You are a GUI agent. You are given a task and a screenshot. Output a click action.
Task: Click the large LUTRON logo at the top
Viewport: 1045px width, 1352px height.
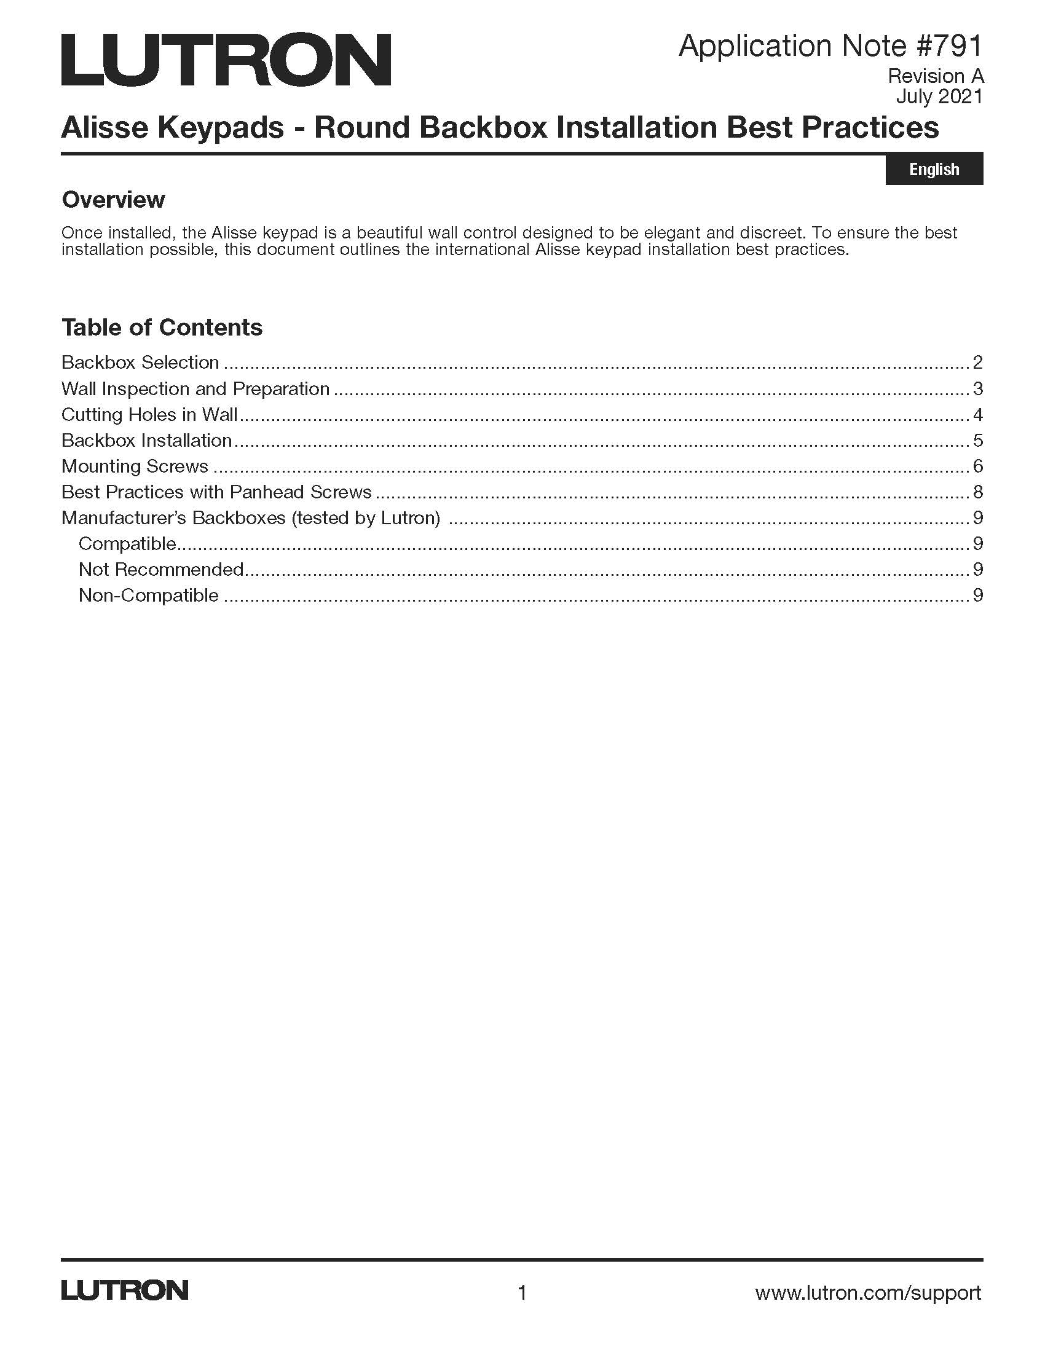(226, 60)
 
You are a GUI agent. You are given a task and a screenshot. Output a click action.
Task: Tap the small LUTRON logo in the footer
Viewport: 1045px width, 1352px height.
(124, 1291)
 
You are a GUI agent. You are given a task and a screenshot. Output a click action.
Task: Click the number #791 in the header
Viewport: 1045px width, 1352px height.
(945, 47)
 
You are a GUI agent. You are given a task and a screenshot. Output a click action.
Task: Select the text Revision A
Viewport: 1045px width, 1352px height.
(935, 76)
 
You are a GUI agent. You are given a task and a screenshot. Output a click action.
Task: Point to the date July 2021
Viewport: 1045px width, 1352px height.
(939, 96)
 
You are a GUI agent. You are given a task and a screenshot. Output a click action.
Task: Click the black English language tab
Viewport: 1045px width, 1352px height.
(934, 169)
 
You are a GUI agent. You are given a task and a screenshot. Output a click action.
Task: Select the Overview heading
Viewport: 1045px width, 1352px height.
(113, 199)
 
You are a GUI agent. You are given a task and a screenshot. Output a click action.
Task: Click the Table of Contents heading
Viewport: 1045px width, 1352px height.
(162, 328)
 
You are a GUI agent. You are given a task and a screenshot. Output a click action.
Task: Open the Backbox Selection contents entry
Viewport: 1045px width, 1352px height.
(140, 362)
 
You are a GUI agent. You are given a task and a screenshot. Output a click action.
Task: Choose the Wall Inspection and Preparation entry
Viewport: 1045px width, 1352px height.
(195, 389)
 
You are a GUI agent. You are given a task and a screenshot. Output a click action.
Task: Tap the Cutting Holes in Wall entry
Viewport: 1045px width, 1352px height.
(149, 414)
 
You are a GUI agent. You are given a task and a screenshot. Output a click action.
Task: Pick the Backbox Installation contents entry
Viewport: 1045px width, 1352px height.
(146, 440)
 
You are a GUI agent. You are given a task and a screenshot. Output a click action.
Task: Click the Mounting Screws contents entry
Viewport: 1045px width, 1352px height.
(135, 466)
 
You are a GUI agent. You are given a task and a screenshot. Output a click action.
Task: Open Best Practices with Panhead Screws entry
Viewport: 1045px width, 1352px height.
(216, 492)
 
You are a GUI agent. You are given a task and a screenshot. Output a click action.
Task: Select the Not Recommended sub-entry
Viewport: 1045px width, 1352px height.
(161, 569)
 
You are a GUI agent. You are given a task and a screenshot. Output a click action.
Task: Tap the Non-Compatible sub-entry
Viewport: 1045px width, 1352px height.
(149, 595)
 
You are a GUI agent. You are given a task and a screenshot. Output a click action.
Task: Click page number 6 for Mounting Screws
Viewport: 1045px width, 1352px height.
(977, 466)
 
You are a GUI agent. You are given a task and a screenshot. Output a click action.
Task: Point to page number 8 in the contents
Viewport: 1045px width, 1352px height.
(977, 492)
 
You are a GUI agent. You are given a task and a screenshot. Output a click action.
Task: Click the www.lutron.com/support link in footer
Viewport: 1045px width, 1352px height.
(868, 1292)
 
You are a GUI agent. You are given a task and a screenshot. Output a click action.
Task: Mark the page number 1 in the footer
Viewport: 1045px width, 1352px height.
(522, 1292)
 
